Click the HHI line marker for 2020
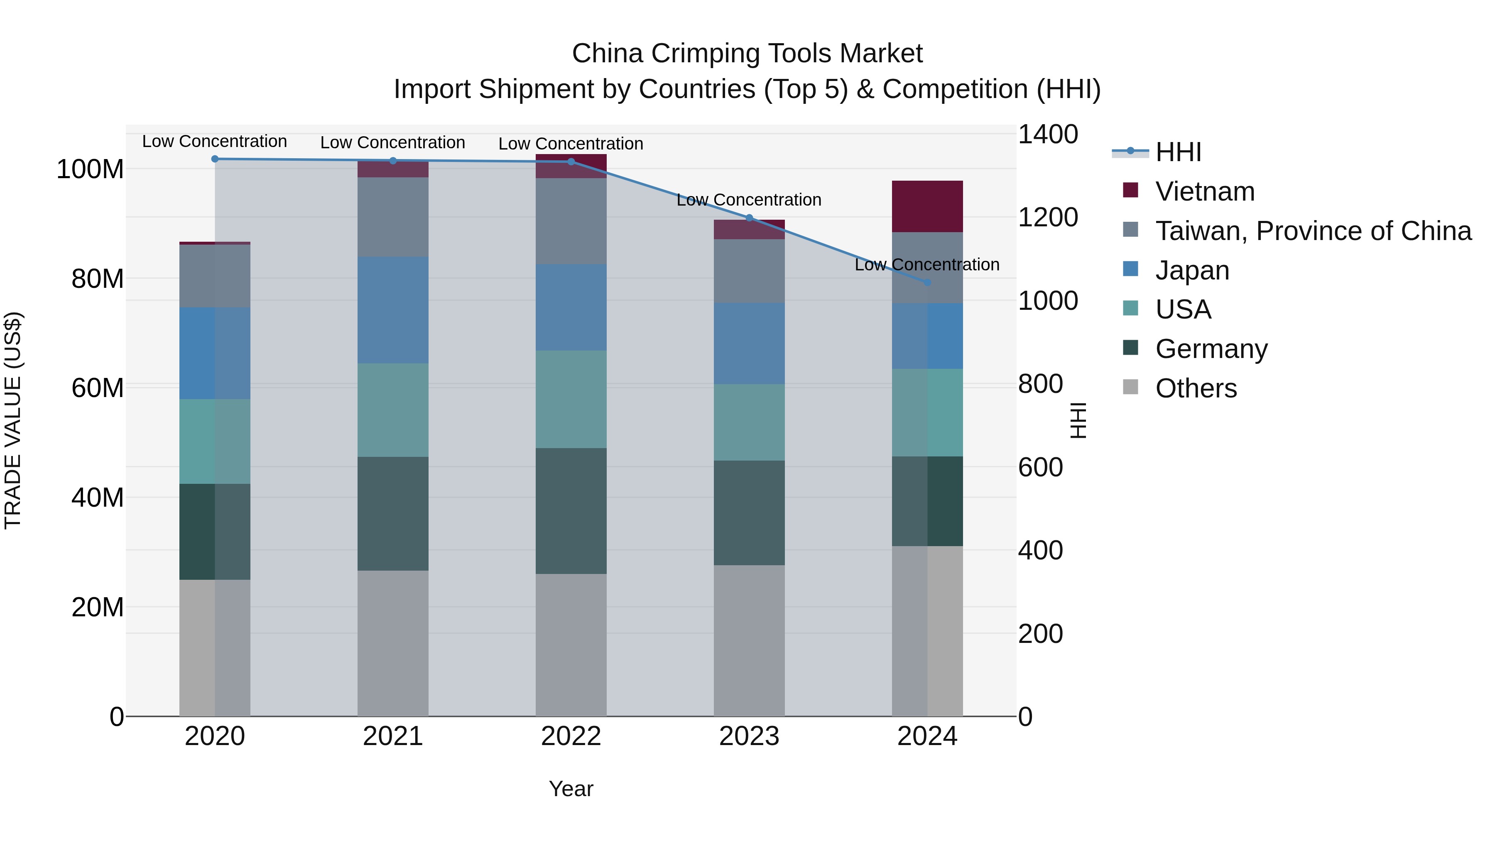(215, 159)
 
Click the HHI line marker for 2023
(749, 218)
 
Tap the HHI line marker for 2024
(927, 283)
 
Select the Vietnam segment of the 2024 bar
(927, 207)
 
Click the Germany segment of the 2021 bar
(393, 514)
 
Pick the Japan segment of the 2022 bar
(571, 308)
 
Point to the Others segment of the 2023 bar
(749, 641)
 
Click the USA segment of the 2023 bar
(749, 422)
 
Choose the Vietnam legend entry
(1204, 191)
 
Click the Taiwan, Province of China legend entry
(1313, 231)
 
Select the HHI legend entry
(1178, 152)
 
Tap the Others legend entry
(1196, 388)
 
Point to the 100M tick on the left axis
(90, 169)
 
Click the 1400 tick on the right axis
(1048, 134)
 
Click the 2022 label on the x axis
(571, 736)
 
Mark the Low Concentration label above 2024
(927, 265)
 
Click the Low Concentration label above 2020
(215, 142)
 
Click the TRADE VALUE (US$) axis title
(13, 420)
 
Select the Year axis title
(571, 789)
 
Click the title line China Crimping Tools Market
(747, 54)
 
